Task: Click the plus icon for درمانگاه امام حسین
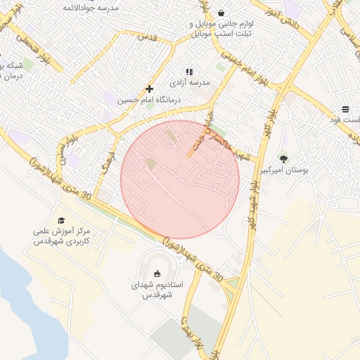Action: pos(149,89)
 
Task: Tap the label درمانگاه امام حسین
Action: pos(149,101)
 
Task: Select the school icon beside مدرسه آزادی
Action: pos(188,72)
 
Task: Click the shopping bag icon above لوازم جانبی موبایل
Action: pos(221,13)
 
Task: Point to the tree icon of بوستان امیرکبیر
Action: pos(283,159)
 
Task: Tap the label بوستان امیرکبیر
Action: pos(284,171)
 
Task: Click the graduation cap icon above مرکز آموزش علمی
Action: pos(60,220)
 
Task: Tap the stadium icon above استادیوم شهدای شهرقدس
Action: pos(156,274)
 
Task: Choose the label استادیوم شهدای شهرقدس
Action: pos(157,290)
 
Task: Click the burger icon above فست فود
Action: pos(345,109)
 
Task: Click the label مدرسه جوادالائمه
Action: pos(90,7)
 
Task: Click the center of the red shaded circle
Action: pos(180,179)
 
